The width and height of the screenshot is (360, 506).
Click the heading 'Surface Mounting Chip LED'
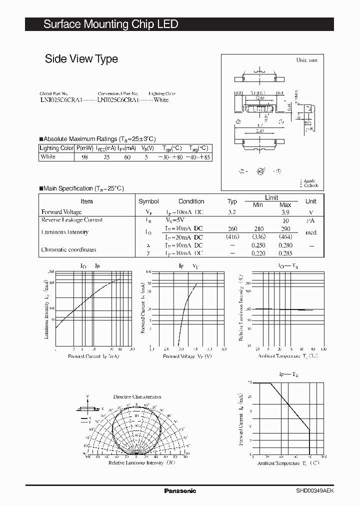pos(110,24)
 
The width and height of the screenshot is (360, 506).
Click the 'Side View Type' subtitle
pos(81,59)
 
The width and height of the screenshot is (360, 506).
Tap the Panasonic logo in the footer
pos(180,491)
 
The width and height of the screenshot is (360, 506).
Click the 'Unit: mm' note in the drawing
pos(306,60)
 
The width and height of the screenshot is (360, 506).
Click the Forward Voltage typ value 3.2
pos(231,212)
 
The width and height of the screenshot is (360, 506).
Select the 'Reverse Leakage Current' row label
pos(72,220)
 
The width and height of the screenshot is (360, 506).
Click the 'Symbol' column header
pos(148,201)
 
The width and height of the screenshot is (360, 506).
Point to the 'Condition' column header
pos(191,201)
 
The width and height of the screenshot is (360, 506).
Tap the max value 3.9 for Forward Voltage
pos(285,212)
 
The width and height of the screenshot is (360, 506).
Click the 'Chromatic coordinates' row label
pos(69,249)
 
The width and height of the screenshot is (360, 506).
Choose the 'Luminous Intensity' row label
pos(65,232)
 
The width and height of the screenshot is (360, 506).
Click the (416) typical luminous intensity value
pos(232,237)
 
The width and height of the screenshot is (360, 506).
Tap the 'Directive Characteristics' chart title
pos(136,396)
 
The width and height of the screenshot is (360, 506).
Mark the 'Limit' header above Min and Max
pos(271,197)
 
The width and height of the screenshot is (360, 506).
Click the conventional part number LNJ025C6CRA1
pos(117,100)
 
